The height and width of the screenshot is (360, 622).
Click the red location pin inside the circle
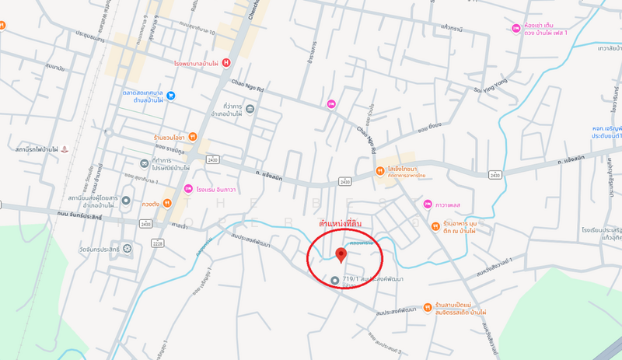coord(340,255)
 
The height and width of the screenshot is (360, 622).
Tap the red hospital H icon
coord(226,62)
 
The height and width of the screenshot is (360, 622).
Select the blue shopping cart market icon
coord(170,96)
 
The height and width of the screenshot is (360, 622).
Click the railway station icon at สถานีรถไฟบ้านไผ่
coord(65,148)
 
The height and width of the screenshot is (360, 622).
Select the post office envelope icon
coord(144,163)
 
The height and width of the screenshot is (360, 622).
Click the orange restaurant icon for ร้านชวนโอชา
coord(193,138)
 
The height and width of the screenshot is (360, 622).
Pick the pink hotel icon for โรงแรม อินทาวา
coord(188,189)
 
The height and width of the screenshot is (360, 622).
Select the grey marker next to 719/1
coord(335,280)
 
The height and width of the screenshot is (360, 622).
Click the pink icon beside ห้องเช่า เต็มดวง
coord(516,29)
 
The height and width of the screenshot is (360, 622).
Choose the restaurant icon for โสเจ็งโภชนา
coord(381,172)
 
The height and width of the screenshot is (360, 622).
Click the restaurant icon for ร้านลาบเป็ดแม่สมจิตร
coord(428,306)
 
